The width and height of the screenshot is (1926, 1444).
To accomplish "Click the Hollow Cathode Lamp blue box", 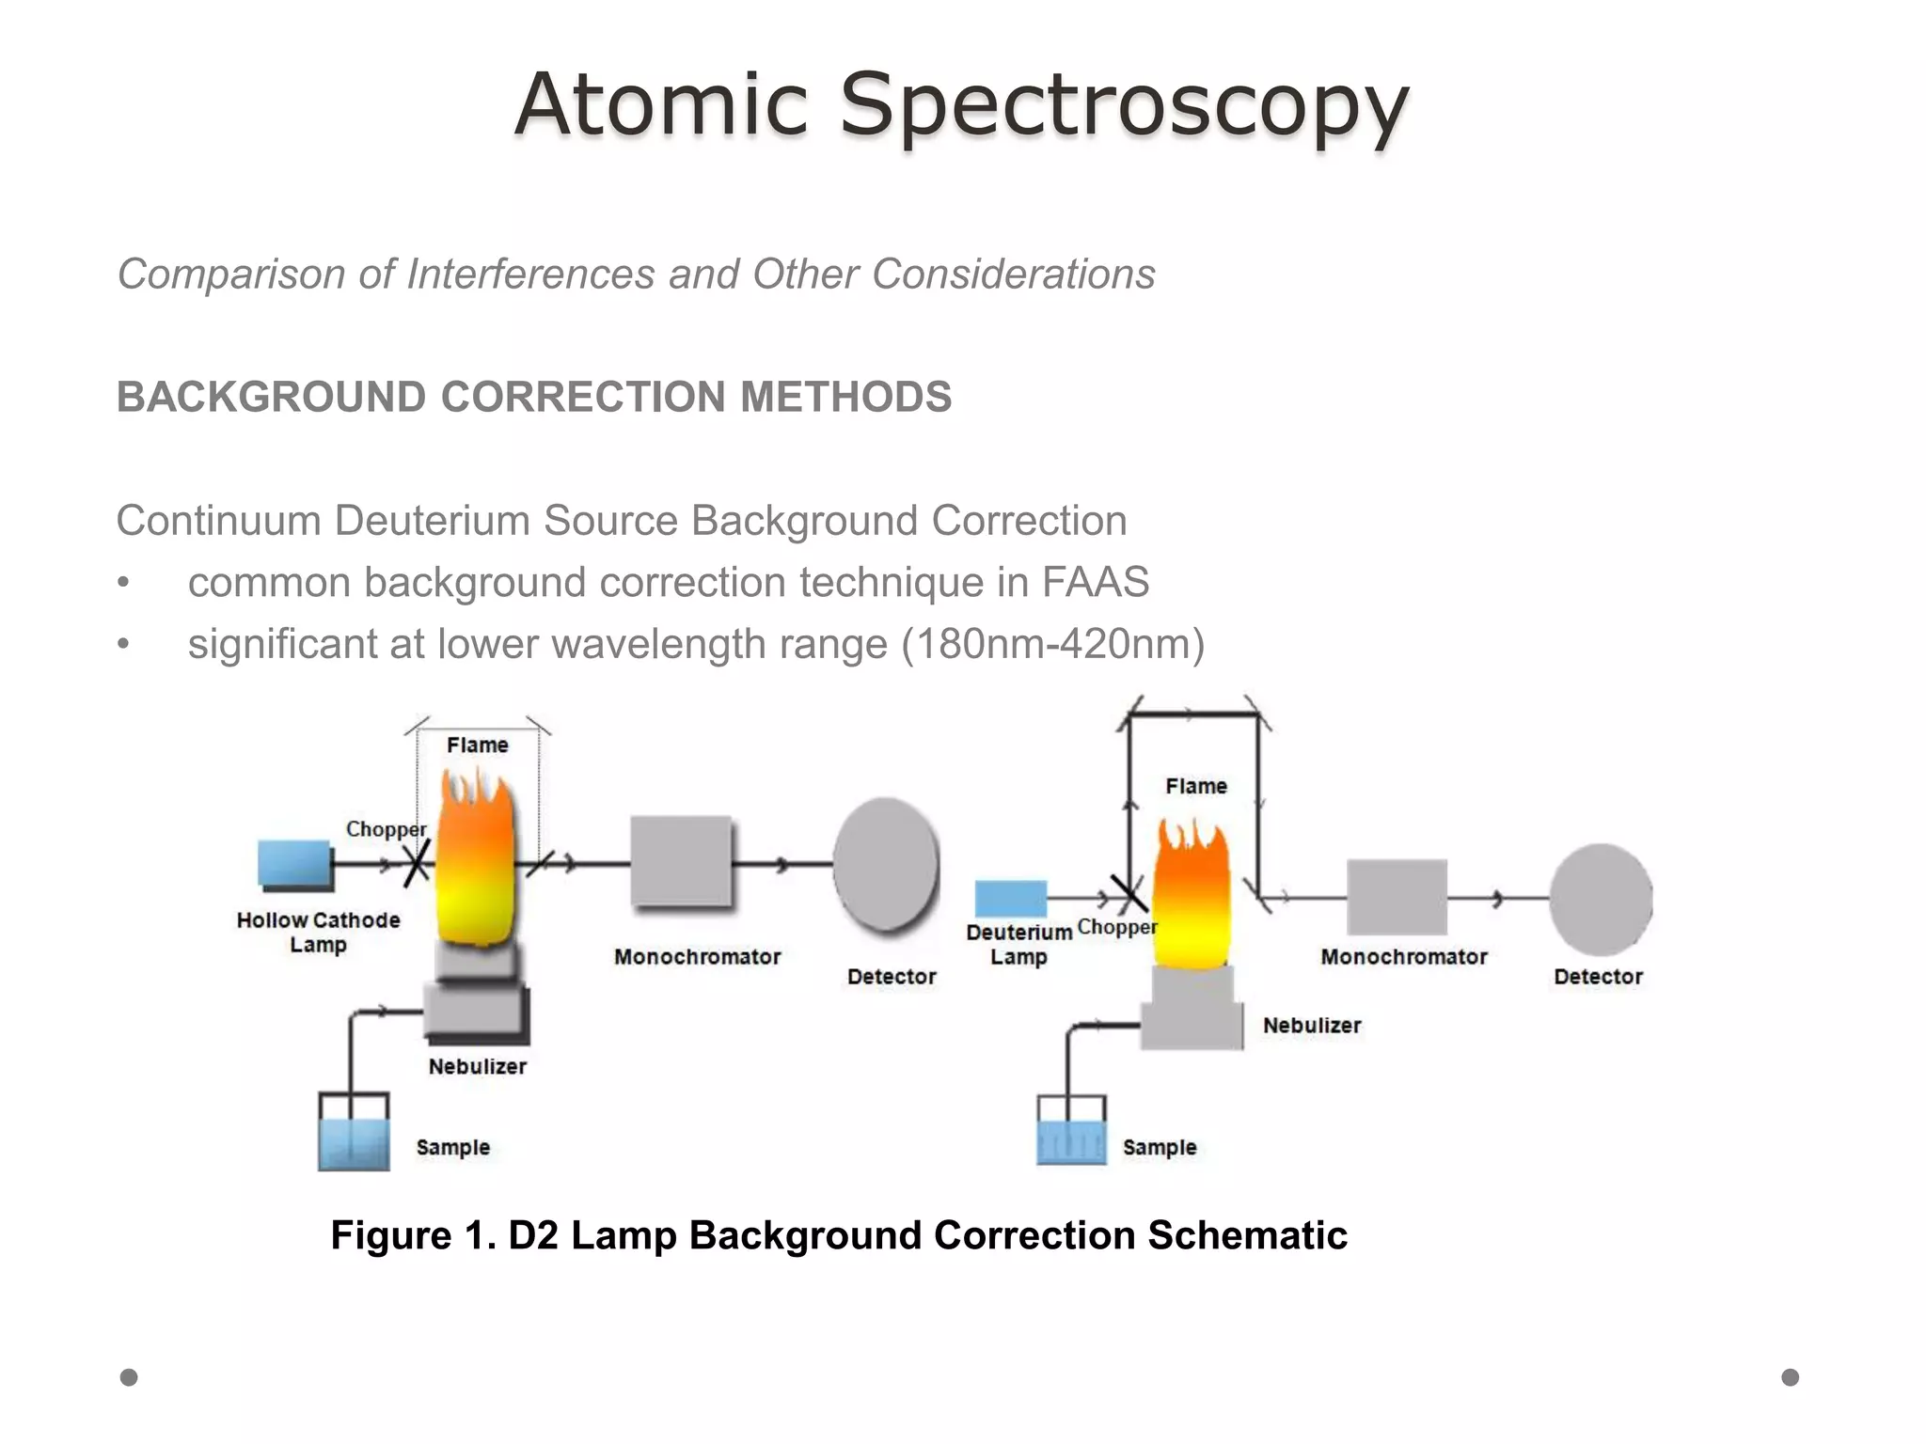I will (x=294, y=864).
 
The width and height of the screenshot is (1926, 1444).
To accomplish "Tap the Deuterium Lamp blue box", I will (x=1010, y=898).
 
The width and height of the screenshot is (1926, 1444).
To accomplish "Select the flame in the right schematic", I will (x=1192, y=898).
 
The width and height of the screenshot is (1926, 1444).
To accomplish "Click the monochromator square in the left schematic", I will (x=681, y=861).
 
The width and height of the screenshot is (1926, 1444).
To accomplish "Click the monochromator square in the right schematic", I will (x=1397, y=896).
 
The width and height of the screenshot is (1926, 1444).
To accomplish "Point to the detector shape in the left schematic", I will (x=886, y=864).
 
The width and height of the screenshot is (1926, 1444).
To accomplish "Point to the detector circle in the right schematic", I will (x=1601, y=899).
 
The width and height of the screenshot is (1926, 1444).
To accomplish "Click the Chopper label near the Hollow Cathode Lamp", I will (x=386, y=829).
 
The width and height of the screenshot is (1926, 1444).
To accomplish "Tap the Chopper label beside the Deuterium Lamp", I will (x=1117, y=927).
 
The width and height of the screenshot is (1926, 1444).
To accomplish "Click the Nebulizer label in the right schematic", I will (x=1312, y=1026).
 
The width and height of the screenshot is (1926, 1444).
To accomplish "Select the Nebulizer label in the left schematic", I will (x=477, y=1066).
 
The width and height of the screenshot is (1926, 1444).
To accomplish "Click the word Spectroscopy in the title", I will (x=1124, y=105).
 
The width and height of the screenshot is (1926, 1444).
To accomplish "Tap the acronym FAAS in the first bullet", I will (x=1095, y=582).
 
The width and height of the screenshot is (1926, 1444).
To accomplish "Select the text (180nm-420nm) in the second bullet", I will (x=1052, y=645).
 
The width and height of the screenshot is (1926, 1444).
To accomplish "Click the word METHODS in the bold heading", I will (x=845, y=397).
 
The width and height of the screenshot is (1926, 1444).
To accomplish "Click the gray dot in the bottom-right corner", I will (x=1790, y=1377).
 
